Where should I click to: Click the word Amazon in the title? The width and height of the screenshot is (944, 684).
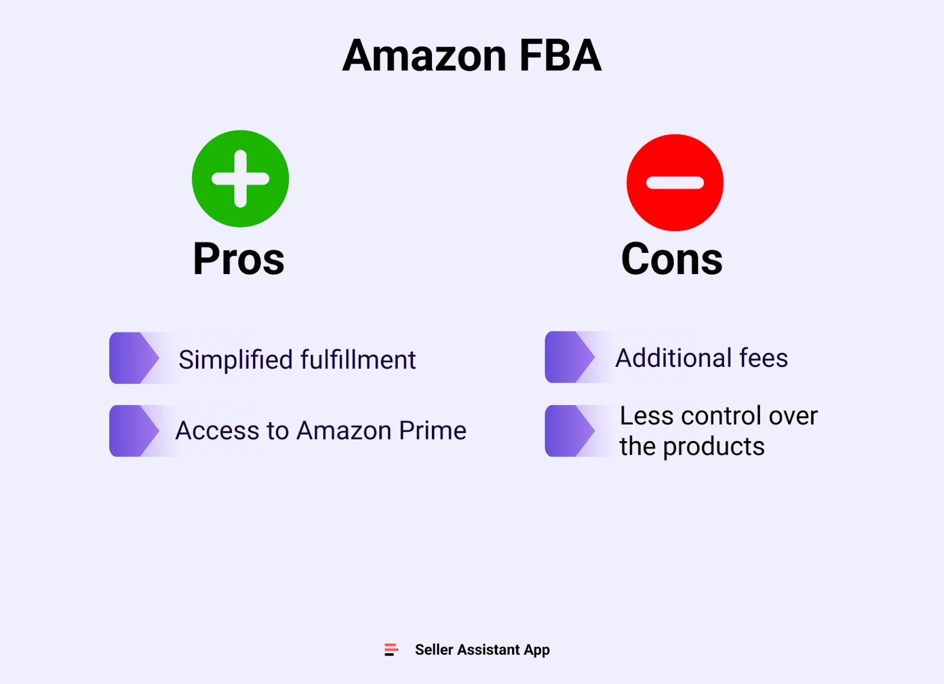tap(424, 56)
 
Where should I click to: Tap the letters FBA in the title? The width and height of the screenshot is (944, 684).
tap(560, 56)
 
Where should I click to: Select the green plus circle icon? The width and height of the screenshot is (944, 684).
tap(240, 178)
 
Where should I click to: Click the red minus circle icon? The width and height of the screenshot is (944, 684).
tap(675, 183)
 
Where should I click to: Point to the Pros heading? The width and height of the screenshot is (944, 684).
tap(238, 259)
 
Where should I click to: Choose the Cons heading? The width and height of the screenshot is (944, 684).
tap(671, 259)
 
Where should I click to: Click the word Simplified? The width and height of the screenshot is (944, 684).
tap(235, 360)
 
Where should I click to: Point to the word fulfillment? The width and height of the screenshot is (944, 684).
tap(358, 360)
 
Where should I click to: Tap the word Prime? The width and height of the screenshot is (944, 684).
tap(432, 431)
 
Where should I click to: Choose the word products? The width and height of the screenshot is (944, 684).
tap(714, 447)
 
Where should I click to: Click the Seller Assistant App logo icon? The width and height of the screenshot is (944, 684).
tap(391, 650)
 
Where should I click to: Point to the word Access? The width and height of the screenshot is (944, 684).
tap(217, 431)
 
